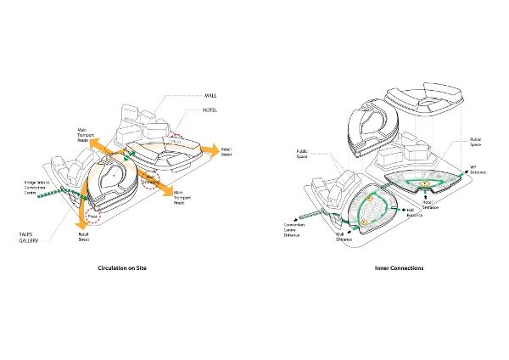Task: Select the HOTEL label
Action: (212, 110)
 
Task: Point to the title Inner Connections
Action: (399, 268)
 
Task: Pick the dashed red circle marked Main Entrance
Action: (152, 180)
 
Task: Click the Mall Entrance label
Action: (344, 239)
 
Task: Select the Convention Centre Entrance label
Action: (297, 229)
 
